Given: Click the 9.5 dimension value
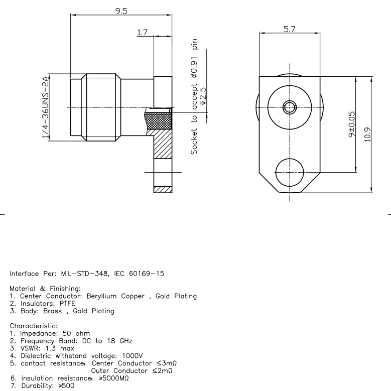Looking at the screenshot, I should coord(121,11).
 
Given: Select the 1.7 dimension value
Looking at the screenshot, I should coord(142,33).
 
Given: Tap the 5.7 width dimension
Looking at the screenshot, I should coord(289,30).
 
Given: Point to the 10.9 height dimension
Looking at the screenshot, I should coord(368,134).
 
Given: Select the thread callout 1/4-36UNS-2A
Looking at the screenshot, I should coord(46,107).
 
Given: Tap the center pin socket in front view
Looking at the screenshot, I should coord(289,107).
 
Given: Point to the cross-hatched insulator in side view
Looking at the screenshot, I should coord(158,121).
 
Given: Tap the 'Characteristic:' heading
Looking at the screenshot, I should coord(34,326).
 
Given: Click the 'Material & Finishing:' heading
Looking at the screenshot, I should coord(46,289).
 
